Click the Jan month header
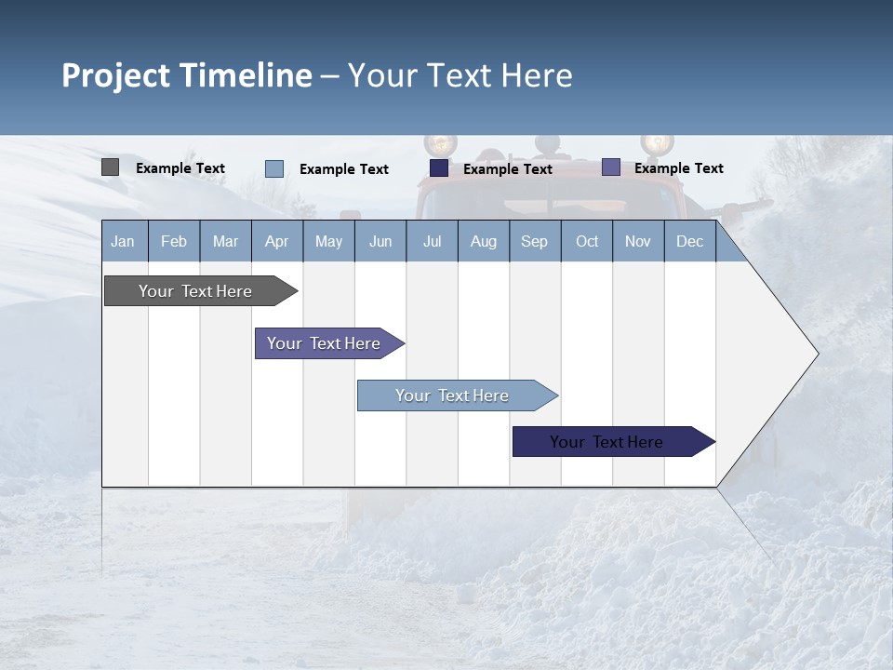pyautogui.click(x=123, y=242)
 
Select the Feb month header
pyautogui.click(x=174, y=242)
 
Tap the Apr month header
pyautogui.click(x=277, y=242)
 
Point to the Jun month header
pyautogui.click(x=380, y=242)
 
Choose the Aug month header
pyautogui.click(x=484, y=242)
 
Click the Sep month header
pyautogui.click(x=535, y=242)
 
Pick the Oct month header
pyautogui.click(x=587, y=242)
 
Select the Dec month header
pyautogui.click(x=690, y=242)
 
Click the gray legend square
pyautogui.click(x=111, y=167)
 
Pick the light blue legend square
pyautogui.click(x=274, y=168)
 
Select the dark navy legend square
pyautogui.click(x=439, y=168)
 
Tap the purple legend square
pyautogui.click(x=611, y=167)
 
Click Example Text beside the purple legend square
pyautogui.click(x=679, y=168)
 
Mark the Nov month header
pyautogui.click(x=638, y=242)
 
